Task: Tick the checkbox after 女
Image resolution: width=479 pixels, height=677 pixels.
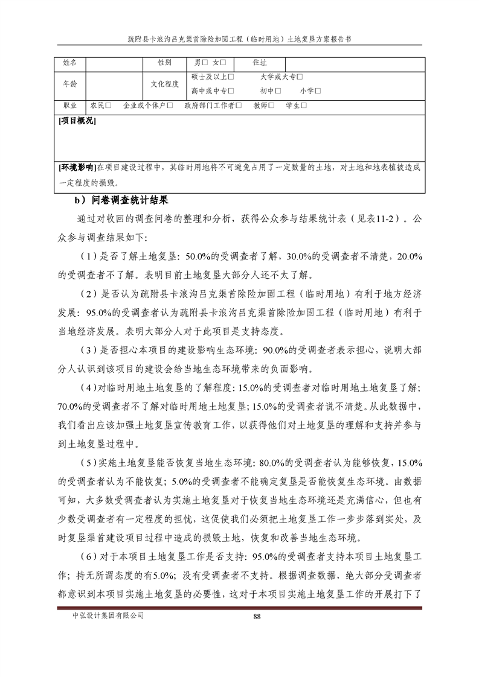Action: coord(223,63)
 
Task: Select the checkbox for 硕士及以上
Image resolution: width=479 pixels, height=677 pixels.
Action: coord(233,77)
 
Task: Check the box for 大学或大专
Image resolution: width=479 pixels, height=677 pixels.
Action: coord(300,77)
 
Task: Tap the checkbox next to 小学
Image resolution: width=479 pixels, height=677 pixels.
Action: coord(318,91)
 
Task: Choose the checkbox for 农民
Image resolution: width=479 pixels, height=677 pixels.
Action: coord(109,106)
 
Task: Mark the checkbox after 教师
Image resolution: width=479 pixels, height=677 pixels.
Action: coord(272,106)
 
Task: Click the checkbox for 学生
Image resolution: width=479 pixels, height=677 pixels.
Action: coord(304,106)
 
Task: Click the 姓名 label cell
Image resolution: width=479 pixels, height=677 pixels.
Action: coord(70,63)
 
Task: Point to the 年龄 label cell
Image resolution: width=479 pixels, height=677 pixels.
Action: coord(70,84)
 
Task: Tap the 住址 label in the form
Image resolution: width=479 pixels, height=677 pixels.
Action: coord(260,63)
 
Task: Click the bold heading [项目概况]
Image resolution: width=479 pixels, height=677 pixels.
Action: coord(77,121)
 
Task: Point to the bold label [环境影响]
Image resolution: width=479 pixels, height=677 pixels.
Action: coord(77,167)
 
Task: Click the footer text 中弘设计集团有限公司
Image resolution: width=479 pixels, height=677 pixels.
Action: coord(108,615)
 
